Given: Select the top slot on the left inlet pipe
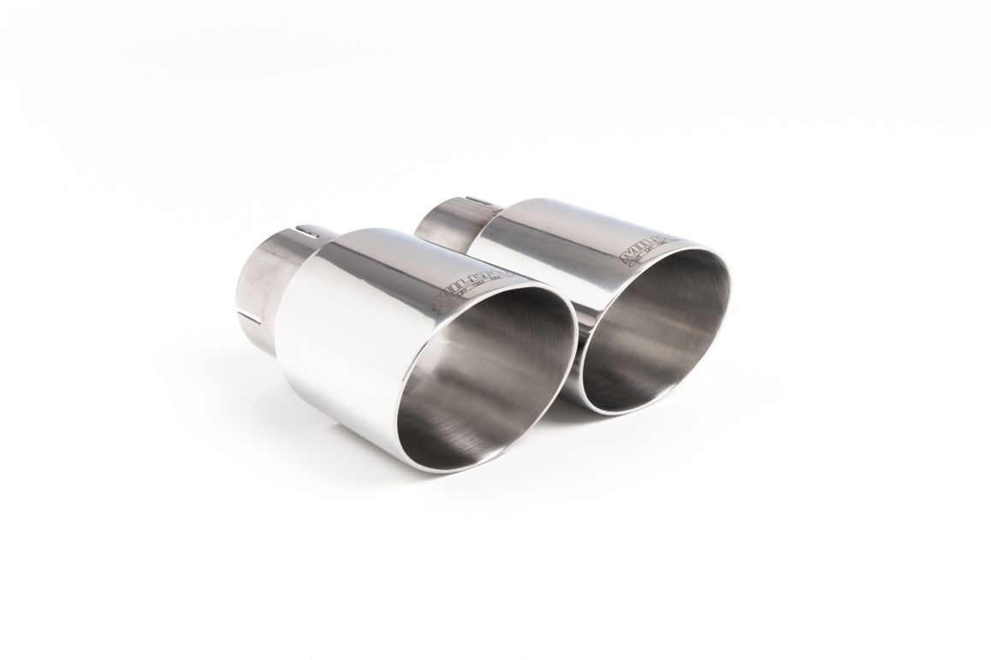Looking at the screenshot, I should pyautogui.click(x=309, y=230).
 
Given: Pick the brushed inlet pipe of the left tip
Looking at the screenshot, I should pyautogui.click(x=261, y=274).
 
